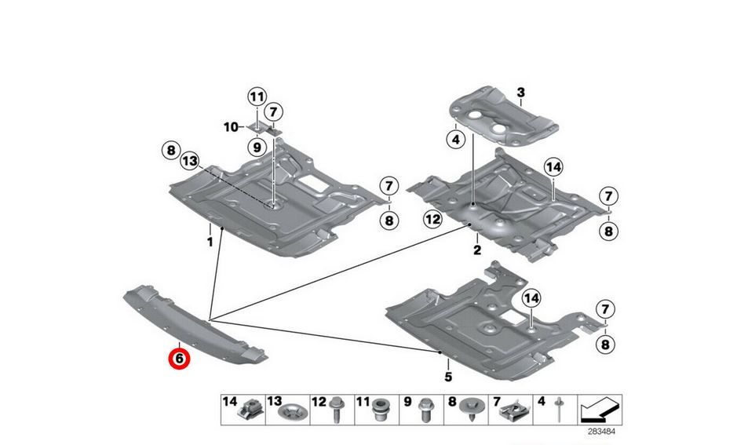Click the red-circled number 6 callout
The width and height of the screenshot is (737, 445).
pos(180,359)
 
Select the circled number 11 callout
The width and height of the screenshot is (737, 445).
pos(257,97)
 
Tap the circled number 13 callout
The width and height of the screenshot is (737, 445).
pos(190,162)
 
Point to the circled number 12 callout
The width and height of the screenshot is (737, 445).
pos(432,219)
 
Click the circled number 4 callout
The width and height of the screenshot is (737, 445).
pos(455,140)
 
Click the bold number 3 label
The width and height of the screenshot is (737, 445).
pos(521,93)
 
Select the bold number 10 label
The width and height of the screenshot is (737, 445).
pos(230,127)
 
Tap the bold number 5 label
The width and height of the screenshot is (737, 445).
pos(448,377)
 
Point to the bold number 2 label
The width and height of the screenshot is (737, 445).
pos(477,250)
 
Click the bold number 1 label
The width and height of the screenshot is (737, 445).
pos(210,243)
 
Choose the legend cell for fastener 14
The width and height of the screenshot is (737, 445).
pos(243,410)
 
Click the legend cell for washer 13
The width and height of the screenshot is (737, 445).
pos(287,410)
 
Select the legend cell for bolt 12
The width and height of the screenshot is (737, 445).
pos(332,410)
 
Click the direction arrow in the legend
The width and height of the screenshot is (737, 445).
pos(600,410)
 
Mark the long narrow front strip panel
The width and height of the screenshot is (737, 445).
pos(195,325)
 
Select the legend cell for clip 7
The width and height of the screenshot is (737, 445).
pos(510,410)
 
